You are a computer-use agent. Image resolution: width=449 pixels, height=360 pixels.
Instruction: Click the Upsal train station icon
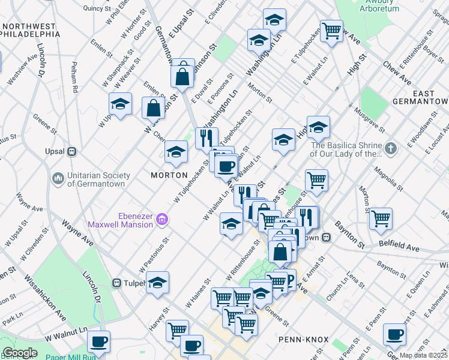click(x=71, y=151)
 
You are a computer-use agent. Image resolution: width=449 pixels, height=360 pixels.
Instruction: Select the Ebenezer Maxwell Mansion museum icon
click(x=161, y=221)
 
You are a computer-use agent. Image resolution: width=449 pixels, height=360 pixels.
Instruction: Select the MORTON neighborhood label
click(x=166, y=174)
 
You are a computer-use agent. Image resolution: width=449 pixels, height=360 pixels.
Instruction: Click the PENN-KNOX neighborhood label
click(x=304, y=340)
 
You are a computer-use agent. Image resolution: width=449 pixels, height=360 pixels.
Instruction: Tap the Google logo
click(x=20, y=353)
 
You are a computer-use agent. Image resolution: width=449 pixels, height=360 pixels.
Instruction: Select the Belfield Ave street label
click(x=399, y=247)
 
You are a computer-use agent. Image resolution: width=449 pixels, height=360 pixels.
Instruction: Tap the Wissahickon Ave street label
click(x=45, y=298)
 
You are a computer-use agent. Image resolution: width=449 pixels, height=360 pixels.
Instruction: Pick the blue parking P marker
click(x=288, y=278)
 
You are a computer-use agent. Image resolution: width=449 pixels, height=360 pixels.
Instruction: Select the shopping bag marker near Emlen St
click(x=153, y=108)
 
